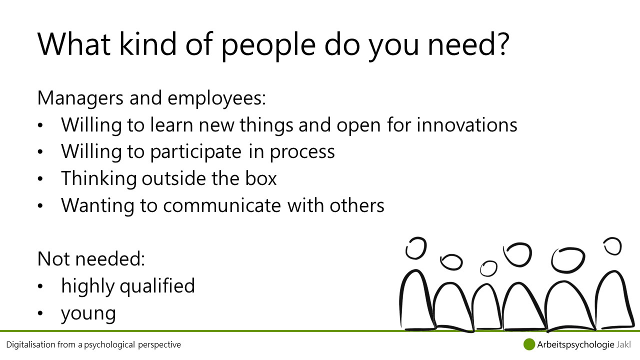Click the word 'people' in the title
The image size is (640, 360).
[x=268, y=45]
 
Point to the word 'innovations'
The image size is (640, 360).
[x=467, y=125]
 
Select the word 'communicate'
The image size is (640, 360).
[x=222, y=205]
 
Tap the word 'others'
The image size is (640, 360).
[x=357, y=205]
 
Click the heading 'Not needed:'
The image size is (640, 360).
[x=91, y=259]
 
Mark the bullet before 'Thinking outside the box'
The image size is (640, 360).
[x=40, y=179]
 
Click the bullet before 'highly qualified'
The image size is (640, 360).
[x=40, y=286]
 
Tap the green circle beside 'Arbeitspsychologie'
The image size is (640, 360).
[x=529, y=344]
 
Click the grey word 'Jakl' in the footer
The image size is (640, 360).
[x=623, y=344]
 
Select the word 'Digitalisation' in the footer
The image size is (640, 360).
[x=30, y=345]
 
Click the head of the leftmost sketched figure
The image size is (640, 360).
[x=416, y=248]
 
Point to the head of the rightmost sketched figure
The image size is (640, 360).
[x=612, y=246]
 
